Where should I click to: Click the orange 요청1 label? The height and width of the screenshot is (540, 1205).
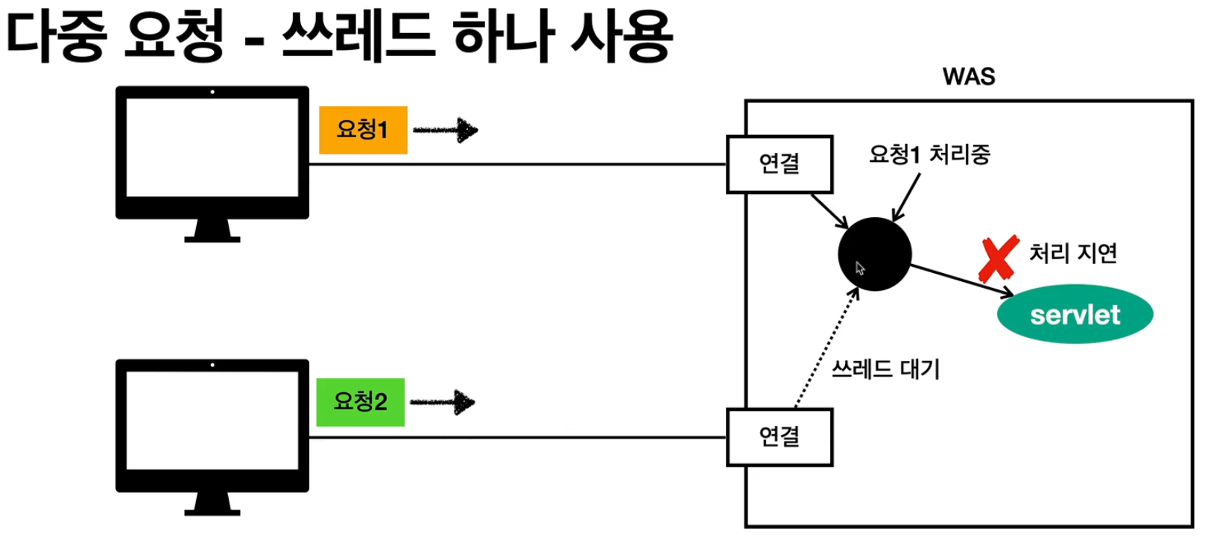point(363,130)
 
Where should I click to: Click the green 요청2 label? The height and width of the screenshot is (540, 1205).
point(360,402)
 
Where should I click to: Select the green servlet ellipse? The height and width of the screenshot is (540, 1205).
point(1075,314)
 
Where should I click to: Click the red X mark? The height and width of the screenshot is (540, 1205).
point(999,259)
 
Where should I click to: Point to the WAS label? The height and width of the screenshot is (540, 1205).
point(968,76)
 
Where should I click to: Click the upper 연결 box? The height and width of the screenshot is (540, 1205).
point(779,164)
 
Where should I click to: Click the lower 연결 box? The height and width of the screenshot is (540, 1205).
point(779,437)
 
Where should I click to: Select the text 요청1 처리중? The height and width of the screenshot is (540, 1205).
point(929,154)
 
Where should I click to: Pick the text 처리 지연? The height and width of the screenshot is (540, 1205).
point(1072,254)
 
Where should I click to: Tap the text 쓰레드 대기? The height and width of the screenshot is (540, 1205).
point(885,368)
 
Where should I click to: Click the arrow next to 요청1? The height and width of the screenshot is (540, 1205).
point(446,131)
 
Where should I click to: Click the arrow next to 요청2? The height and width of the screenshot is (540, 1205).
point(443,403)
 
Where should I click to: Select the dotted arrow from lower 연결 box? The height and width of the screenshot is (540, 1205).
point(826,349)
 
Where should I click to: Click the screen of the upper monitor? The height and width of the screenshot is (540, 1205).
point(212,148)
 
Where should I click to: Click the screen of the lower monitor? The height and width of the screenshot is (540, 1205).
point(212,421)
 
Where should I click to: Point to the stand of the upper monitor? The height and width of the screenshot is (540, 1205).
point(212,230)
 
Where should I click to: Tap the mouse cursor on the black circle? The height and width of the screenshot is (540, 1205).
point(860,269)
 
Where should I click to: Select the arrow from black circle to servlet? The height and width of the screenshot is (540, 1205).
point(961,280)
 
